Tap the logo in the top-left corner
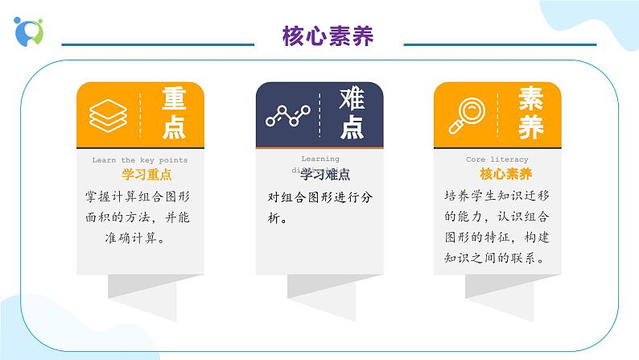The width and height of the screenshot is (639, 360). pyautogui.click(x=29, y=30)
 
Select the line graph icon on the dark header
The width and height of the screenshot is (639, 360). pyautogui.click(x=287, y=115)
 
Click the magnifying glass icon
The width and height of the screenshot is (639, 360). pyautogui.click(x=465, y=115)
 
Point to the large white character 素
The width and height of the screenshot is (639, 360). pyautogui.click(x=530, y=99)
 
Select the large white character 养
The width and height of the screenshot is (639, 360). pyautogui.click(x=530, y=127)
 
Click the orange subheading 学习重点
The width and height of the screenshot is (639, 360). pyautogui.click(x=146, y=174)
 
